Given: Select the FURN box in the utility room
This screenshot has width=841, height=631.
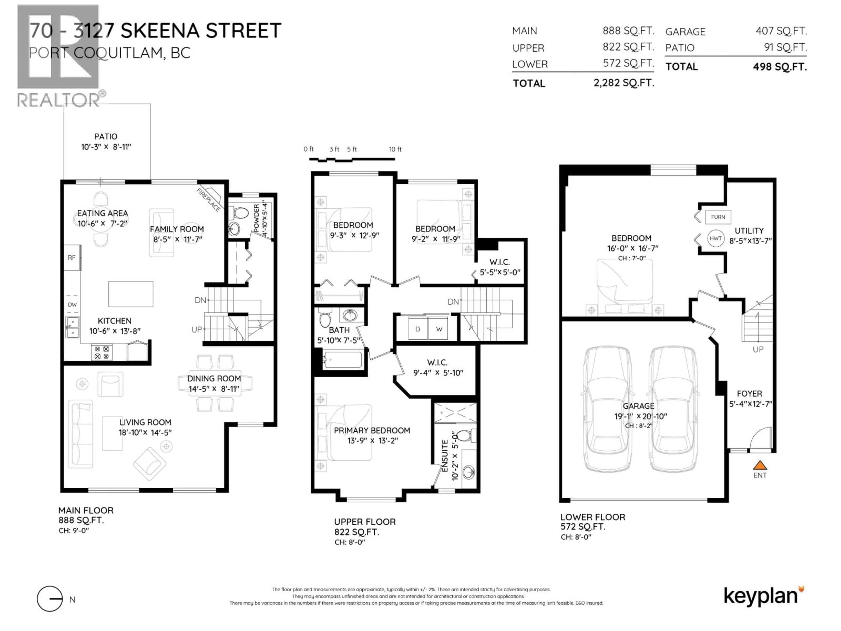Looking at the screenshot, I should (x=718, y=217).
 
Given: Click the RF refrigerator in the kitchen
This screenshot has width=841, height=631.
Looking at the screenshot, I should (x=71, y=257).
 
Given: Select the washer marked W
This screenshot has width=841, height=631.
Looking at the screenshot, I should (x=439, y=329).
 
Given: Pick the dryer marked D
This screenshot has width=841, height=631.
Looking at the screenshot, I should (x=417, y=329).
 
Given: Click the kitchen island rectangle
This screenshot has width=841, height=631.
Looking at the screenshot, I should (x=131, y=294).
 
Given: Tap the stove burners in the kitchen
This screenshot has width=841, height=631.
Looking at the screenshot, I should (x=102, y=353).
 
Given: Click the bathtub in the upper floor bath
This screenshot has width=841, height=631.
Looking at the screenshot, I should (x=342, y=360).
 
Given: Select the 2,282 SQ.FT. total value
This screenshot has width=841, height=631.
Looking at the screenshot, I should (x=624, y=83).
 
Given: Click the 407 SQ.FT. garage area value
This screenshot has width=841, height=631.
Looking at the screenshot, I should (x=781, y=31).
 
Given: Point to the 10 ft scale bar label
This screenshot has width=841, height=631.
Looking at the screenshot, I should (x=395, y=149).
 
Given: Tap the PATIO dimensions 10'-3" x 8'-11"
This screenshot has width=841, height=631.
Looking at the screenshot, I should (x=106, y=147).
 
